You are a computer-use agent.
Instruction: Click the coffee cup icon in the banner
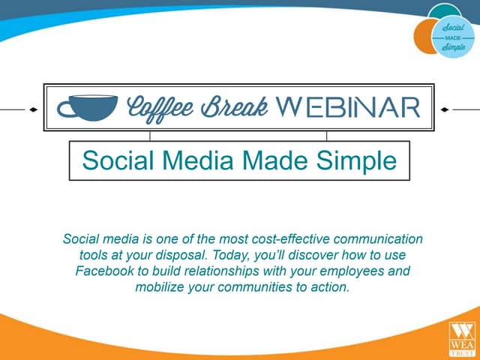pos(87,107)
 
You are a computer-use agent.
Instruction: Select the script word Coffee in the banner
pos(160,107)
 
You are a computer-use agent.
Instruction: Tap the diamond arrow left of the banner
pos(33,109)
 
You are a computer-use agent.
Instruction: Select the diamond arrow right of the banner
pos(445,109)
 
